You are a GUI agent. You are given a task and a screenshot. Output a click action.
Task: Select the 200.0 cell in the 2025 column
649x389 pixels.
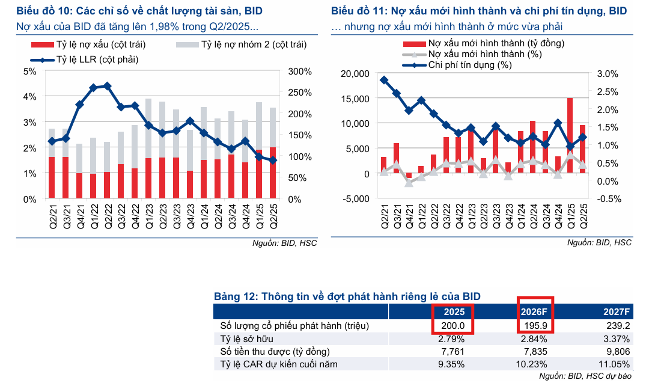pos(453,325)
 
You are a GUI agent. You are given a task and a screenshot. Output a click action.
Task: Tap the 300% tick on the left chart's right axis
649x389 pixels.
pos(300,72)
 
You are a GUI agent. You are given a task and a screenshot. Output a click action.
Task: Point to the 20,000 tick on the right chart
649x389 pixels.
pos(355,73)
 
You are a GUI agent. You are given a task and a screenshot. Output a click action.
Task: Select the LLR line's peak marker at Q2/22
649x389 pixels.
pos(107,86)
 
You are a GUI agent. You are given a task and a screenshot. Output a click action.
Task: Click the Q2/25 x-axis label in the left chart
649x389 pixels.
pos(273,214)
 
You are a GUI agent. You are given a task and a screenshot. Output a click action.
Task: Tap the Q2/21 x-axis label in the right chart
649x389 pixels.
pos(384,214)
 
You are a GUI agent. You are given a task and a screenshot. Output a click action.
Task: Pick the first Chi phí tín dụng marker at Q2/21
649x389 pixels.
pos(384,80)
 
